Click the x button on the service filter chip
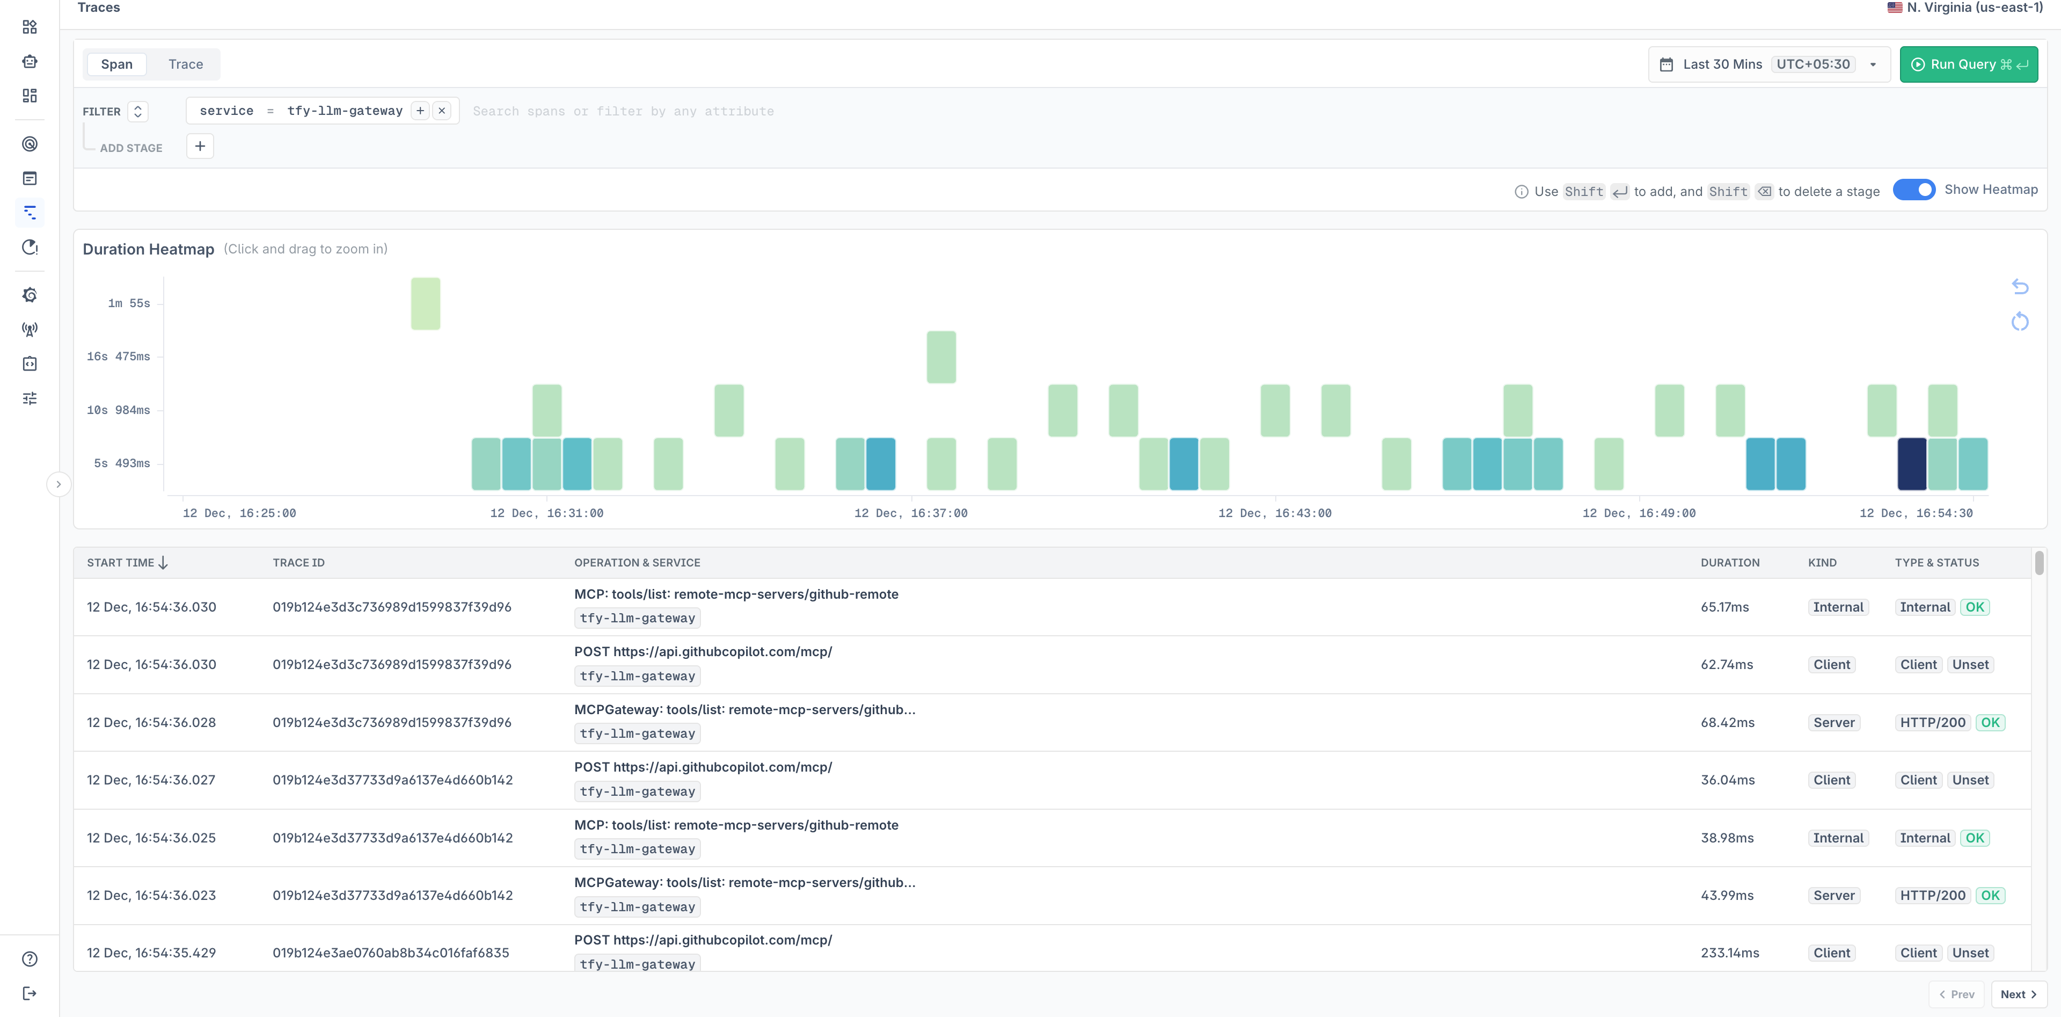pyautogui.click(x=442, y=111)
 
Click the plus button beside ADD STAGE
pyautogui.click(x=200, y=147)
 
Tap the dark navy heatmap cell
pyautogui.click(x=1911, y=464)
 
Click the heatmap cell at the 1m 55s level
pyautogui.click(x=426, y=304)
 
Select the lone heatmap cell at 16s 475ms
pyautogui.click(x=941, y=357)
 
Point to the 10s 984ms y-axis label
pyautogui.click(x=119, y=410)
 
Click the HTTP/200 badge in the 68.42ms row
pyautogui.click(x=1932, y=723)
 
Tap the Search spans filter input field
pyautogui.click(x=720, y=111)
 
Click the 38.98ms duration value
pyautogui.click(x=1727, y=838)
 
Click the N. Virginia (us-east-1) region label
pyautogui.click(x=1973, y=8)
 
